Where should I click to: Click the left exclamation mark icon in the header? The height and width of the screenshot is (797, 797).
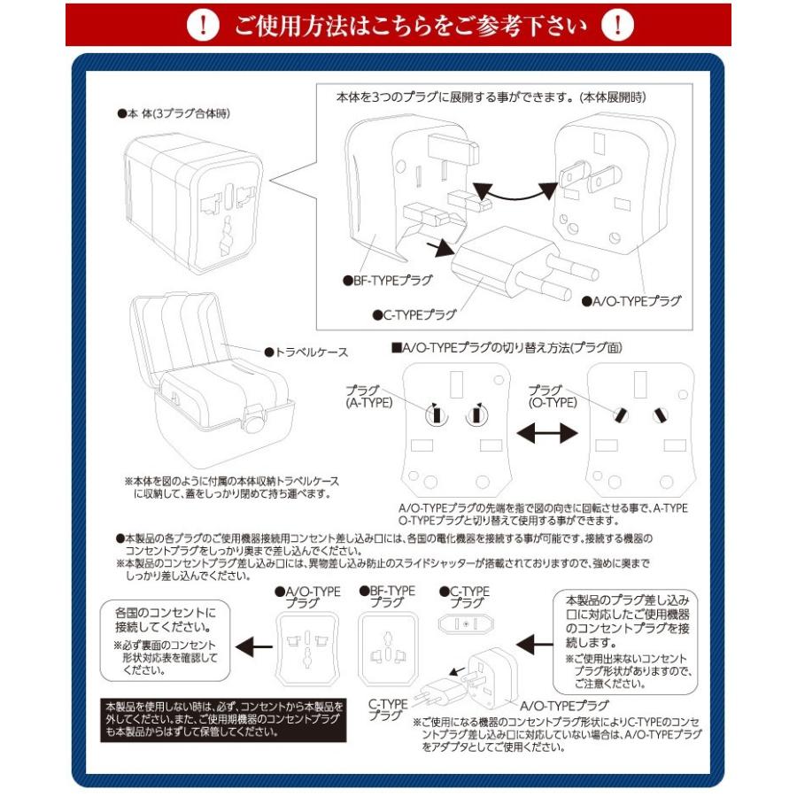coord(205,26)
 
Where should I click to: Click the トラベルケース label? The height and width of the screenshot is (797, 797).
coord(306,352)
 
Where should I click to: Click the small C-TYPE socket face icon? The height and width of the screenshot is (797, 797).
coord(462,623)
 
